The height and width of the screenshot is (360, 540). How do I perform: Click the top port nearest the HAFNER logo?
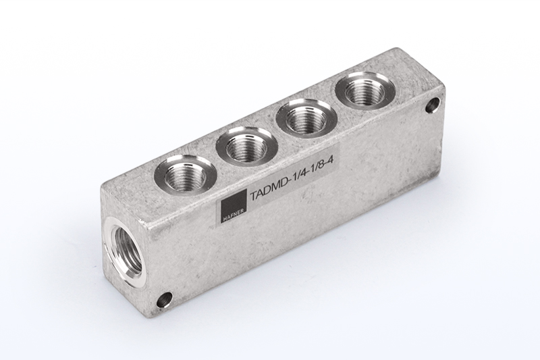click(x=184, y=176)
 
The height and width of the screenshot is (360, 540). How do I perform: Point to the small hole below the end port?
click(x=164, y=299)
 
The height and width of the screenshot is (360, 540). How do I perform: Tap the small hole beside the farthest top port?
click(x=432, y=105)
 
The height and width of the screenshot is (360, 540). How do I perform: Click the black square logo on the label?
click(x=234, y=206)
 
